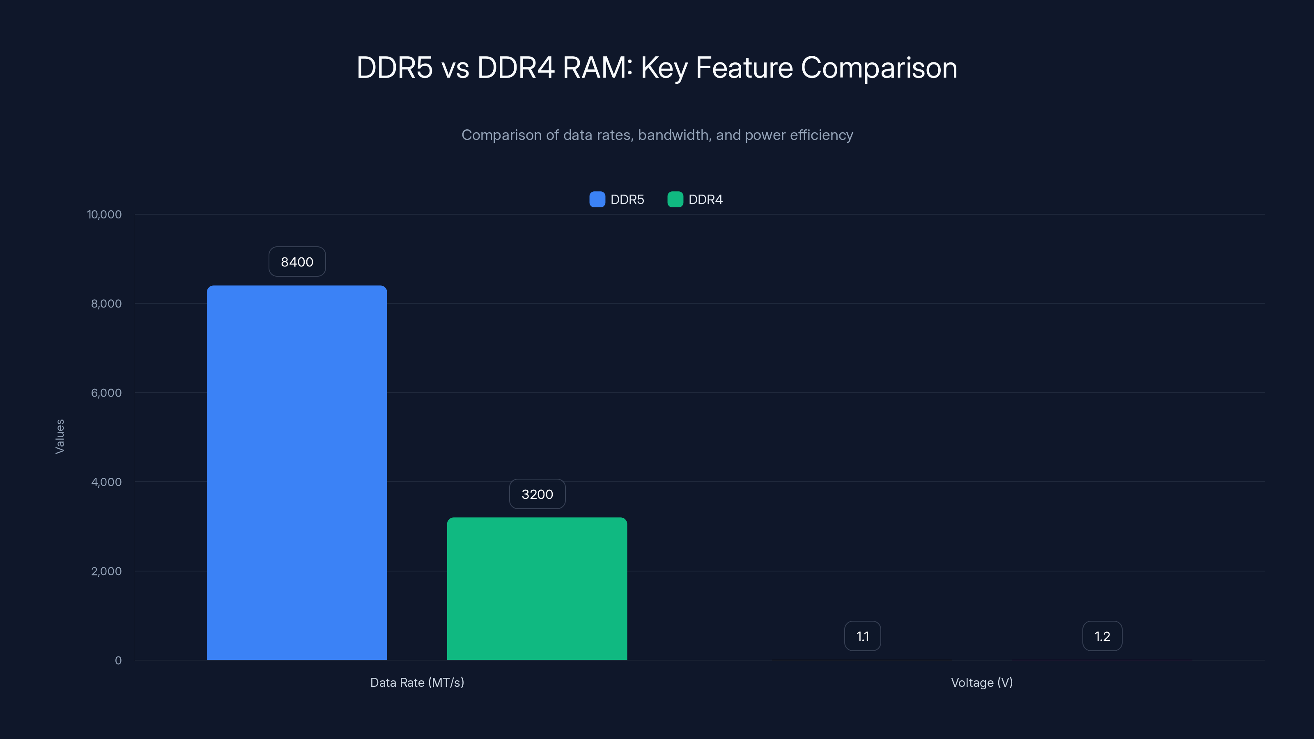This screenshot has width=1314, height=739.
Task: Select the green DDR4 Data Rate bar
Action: coord(537,589)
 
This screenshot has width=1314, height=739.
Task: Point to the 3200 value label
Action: coord(537,494)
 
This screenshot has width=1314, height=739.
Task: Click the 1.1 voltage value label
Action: coord(862,636)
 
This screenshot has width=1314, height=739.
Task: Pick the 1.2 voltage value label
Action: coord(1102,636)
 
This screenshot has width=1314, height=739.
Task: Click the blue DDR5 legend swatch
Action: coord(597,200)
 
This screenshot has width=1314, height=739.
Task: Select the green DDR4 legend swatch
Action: coord(675,200)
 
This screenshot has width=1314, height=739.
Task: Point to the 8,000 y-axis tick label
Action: coord(106,304)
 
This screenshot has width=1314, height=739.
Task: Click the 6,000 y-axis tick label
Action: coord(106,393)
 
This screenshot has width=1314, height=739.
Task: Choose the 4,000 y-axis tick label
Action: coord(106,482)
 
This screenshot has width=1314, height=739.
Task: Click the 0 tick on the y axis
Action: coord(118,661)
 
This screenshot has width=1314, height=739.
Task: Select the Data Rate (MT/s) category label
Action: coord(417,682)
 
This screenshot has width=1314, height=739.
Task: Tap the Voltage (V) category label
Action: coord(981,682)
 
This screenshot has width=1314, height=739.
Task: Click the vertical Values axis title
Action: coord(60,436)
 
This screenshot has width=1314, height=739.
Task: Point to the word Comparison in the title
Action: coord(878,68)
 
